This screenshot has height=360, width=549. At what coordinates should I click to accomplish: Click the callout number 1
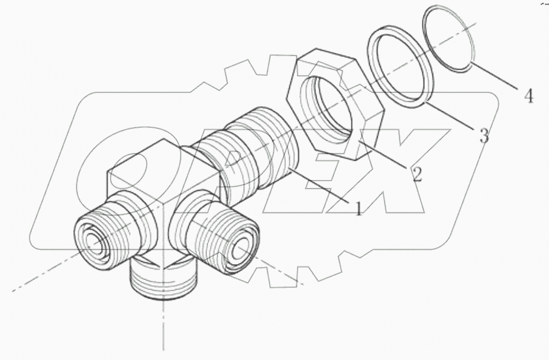358,208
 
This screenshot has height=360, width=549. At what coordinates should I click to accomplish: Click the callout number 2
416,174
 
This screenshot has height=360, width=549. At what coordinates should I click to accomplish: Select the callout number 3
483,136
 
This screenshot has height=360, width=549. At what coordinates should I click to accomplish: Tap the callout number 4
528,95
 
